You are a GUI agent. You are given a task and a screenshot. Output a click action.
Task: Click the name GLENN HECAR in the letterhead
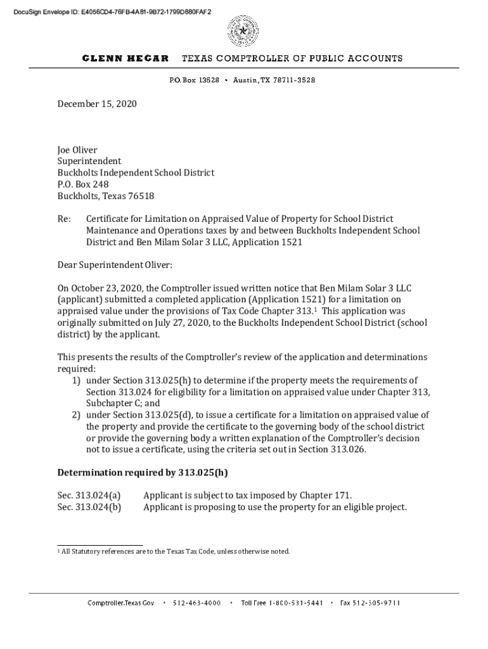coord(125,58)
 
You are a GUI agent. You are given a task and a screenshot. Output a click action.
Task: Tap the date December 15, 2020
coord(97,103)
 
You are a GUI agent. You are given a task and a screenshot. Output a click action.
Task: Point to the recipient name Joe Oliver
coord(77,150)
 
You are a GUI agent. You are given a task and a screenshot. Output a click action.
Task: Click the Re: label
coord(64,219)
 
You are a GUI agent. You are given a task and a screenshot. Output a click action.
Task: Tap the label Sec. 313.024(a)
coord(89,496)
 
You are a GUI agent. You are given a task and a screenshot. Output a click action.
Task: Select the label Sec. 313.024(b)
coord(89,507)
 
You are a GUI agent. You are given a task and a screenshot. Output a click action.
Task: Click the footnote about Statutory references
coord(175,551)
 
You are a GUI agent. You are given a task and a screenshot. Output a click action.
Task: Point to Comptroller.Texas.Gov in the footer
coord(120,603)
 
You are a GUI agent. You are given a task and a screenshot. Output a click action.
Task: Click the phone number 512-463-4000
coord(196,603)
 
